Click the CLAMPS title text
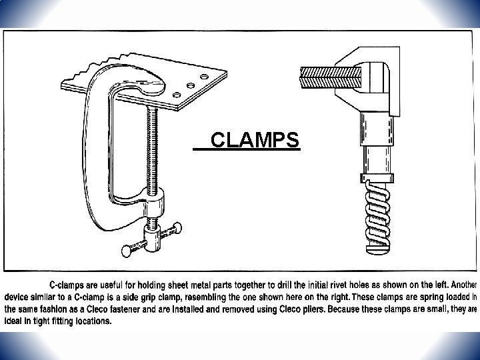[253, 141]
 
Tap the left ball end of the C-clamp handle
[126, 249]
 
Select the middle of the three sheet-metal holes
[191, 85]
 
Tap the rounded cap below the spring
[377, 248]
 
